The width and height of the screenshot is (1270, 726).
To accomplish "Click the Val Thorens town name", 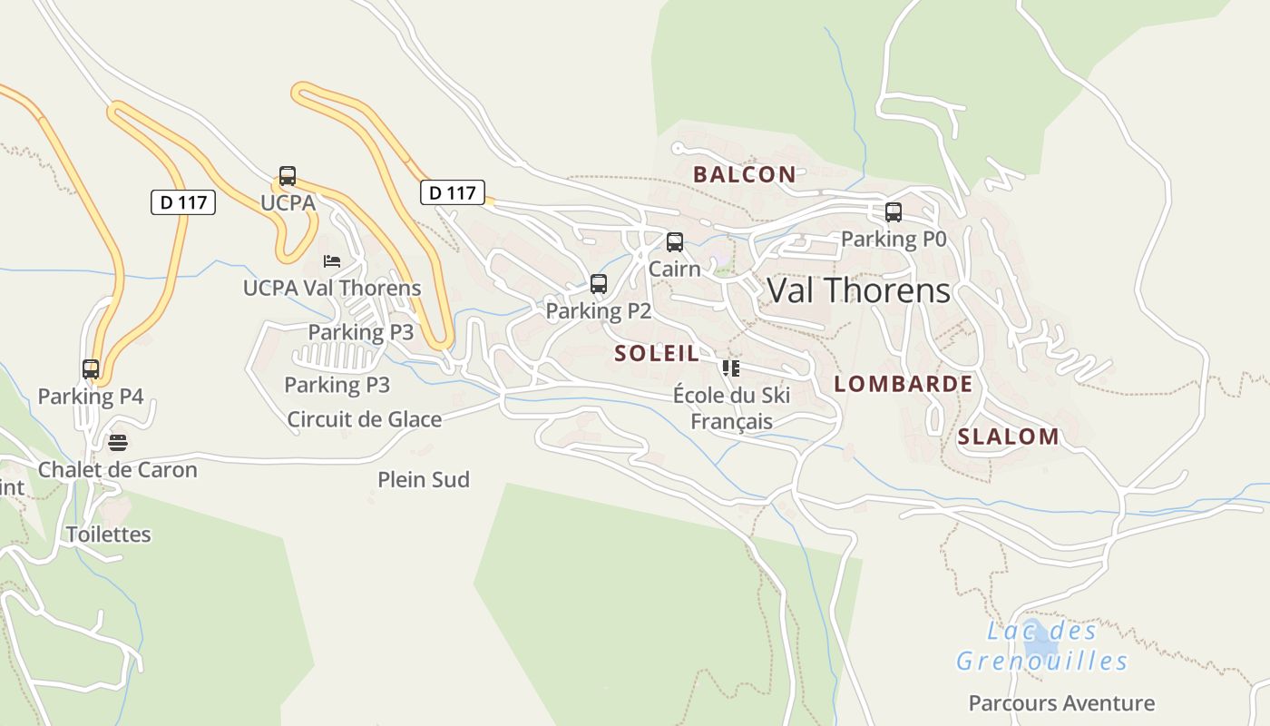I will pos(858,290).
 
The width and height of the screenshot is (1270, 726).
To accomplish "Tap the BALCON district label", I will pos(744,174).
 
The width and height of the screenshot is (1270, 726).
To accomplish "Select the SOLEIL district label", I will pos(657,353).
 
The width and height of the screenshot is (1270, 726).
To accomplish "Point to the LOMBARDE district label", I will pos(903,384).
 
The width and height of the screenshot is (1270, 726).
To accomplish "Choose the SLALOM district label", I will pos(1008,437).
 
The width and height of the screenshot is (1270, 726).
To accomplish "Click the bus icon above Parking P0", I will pos(894,212).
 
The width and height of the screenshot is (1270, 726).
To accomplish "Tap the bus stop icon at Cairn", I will pos(674,242).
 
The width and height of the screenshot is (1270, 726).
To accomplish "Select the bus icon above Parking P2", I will pos(598,284).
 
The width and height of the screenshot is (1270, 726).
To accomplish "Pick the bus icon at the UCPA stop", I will pos(288,176).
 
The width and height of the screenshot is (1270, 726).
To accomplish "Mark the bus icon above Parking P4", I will pos(91,369).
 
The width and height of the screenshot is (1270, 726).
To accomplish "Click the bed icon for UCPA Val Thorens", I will pos(332,261).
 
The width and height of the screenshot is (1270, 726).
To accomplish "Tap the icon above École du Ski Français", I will pos(731,368).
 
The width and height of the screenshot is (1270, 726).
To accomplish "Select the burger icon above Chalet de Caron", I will pos(118,443).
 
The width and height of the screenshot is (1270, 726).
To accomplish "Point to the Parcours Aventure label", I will pos(1061,703).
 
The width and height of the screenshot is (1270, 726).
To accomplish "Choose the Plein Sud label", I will pos(424,479).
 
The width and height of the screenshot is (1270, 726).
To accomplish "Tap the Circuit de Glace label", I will pos(364,419).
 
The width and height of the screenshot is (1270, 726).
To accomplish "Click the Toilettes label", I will pos(109,535).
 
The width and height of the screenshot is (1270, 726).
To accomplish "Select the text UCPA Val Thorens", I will pos(332,288).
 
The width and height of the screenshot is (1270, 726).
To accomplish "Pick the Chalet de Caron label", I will pos(117,470).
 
